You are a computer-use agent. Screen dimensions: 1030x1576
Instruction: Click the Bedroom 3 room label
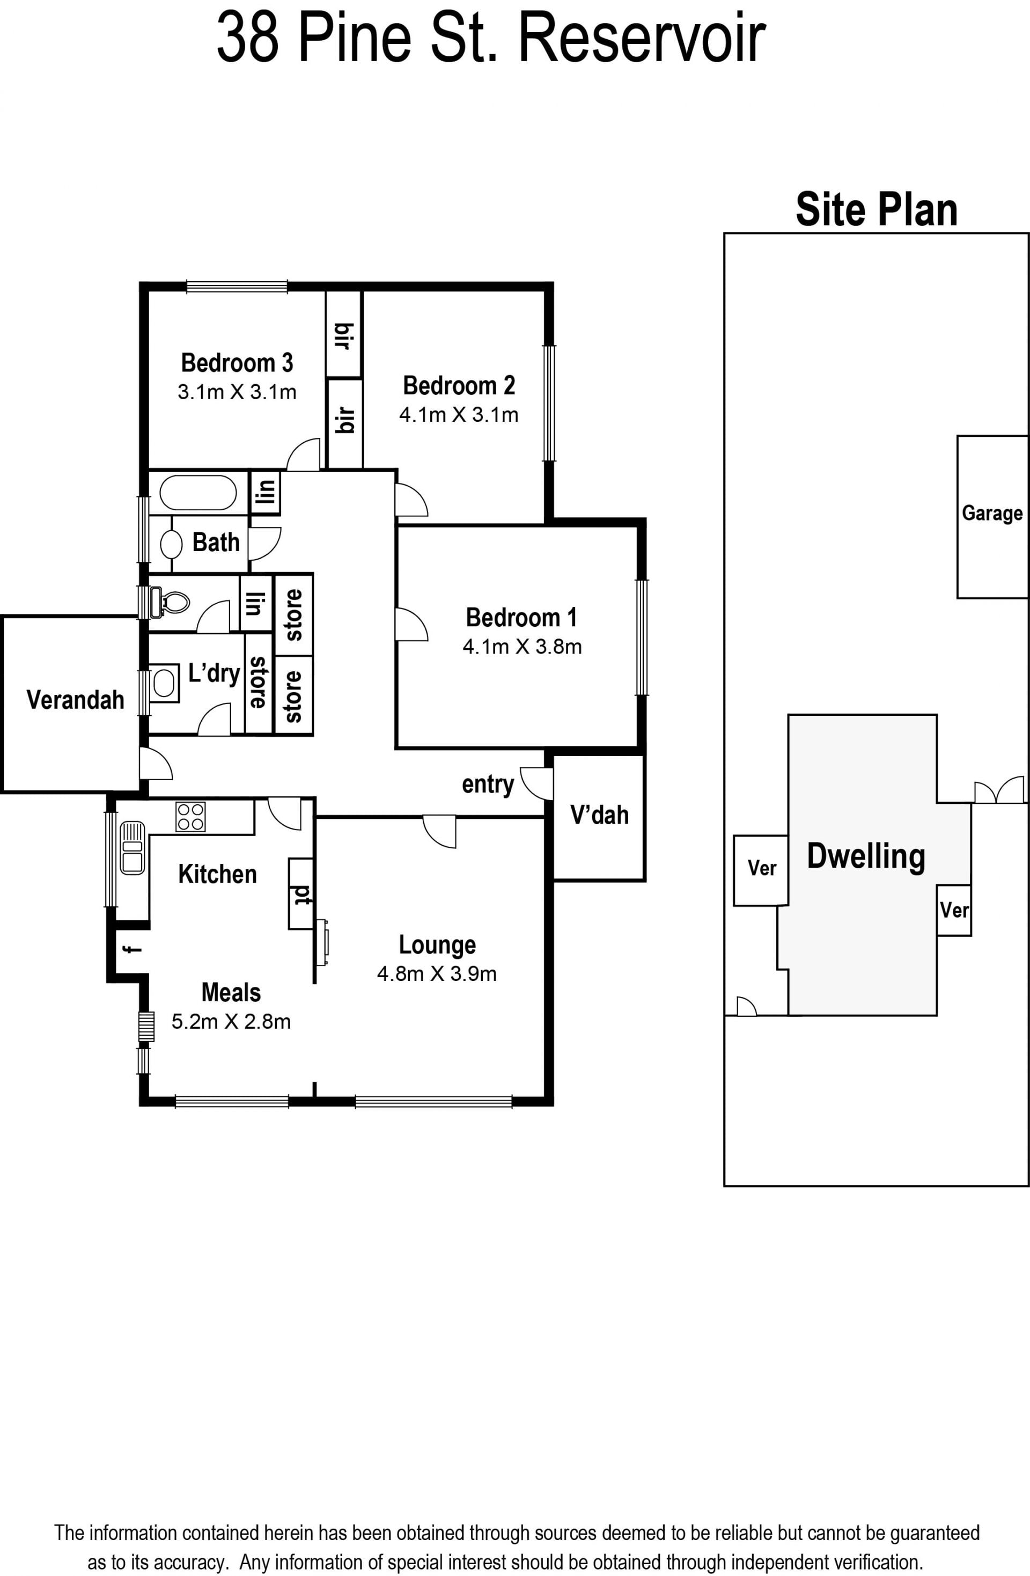237,363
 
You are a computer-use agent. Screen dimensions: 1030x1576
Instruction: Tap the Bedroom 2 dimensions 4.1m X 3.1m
459,415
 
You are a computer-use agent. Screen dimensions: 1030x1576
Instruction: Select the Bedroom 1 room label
521,618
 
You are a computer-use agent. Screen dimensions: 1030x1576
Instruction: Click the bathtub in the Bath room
193,493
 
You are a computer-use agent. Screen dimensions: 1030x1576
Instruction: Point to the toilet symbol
170,602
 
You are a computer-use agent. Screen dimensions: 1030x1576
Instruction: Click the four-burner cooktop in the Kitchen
190,817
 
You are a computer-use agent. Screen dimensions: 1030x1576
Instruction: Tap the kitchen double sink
133,848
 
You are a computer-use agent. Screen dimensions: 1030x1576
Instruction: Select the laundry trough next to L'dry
165,684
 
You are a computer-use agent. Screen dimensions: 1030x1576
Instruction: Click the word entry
488,784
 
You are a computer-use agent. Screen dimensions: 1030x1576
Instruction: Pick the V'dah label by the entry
599,815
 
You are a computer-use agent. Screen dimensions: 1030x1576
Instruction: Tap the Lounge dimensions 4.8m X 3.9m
437,973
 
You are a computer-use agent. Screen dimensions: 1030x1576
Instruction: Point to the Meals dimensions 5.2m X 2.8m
231,1022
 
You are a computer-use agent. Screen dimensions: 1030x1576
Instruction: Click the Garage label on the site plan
992,513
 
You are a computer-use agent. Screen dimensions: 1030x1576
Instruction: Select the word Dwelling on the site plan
866,856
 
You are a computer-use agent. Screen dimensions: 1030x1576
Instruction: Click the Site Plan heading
877,210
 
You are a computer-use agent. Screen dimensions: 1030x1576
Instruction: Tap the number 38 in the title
247,39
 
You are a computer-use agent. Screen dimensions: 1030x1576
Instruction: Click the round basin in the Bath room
172,544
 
